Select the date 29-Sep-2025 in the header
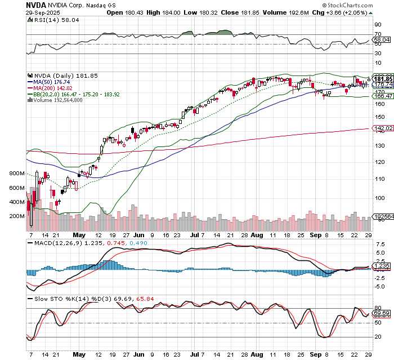(x=44, y=12)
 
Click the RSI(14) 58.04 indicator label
(x=49, y=19)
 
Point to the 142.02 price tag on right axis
(x=382, y=128)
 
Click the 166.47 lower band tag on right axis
(x=382, y=96)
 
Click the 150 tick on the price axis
(x=380, y=117)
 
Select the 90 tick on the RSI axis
(x=378, y=25)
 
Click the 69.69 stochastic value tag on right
(x=382, y=313)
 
